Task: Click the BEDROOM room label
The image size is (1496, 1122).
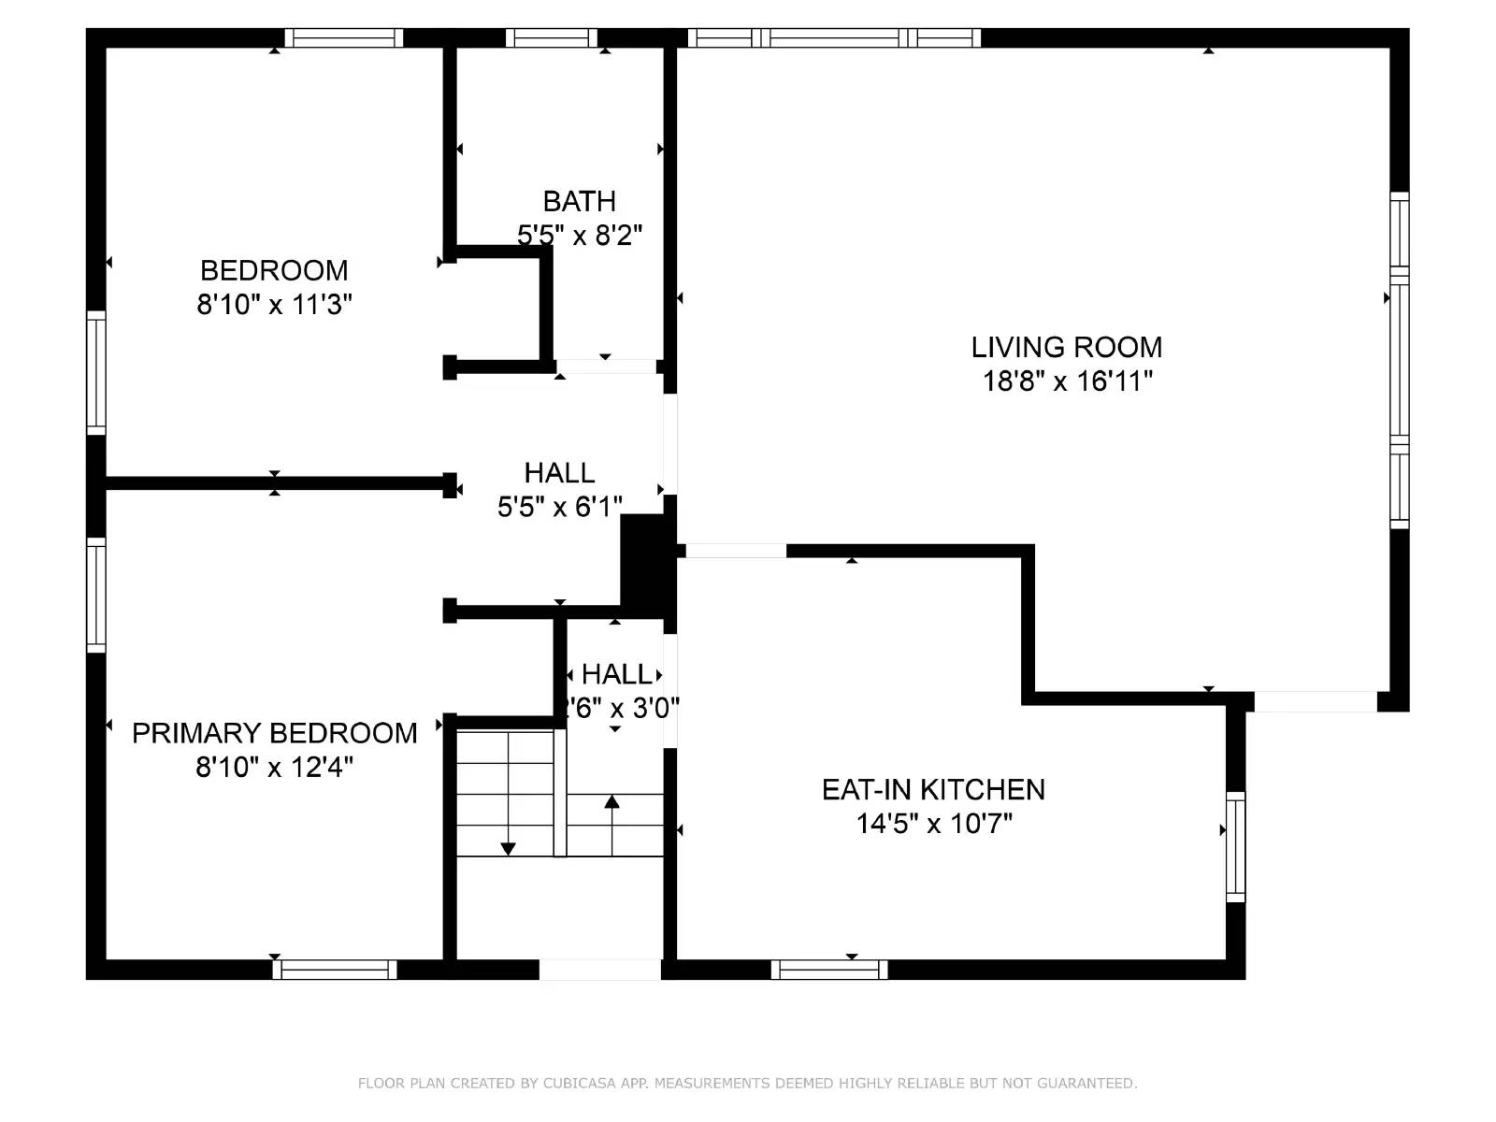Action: click(274, 270)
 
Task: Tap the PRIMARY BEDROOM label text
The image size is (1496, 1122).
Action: click(274, 733)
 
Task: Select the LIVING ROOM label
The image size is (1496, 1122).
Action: click(1066, 347)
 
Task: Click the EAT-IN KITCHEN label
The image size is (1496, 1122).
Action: click(933, 789)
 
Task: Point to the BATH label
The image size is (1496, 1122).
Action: click(579, 201)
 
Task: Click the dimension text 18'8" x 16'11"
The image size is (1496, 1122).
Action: click(1067, 381)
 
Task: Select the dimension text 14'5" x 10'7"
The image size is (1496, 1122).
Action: click(934, 824)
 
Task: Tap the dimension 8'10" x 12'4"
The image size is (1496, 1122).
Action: click(274, 768)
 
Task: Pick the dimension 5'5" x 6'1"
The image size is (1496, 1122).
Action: click(559, 507)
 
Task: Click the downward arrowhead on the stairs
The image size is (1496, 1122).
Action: click(508, 849)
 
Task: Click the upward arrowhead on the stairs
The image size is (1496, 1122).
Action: click(611, 801)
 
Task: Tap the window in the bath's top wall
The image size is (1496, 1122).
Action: click(552, 37)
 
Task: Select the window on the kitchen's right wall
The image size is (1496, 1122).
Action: click(1235, 846)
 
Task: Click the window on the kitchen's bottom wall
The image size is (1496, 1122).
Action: click(829, 970)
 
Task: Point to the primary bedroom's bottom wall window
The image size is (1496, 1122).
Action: click(335, 970)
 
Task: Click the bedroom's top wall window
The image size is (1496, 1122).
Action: click(343, 37)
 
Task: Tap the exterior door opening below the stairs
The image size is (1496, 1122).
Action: click(599, 970)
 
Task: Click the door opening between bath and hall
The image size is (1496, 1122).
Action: click(606, 367)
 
